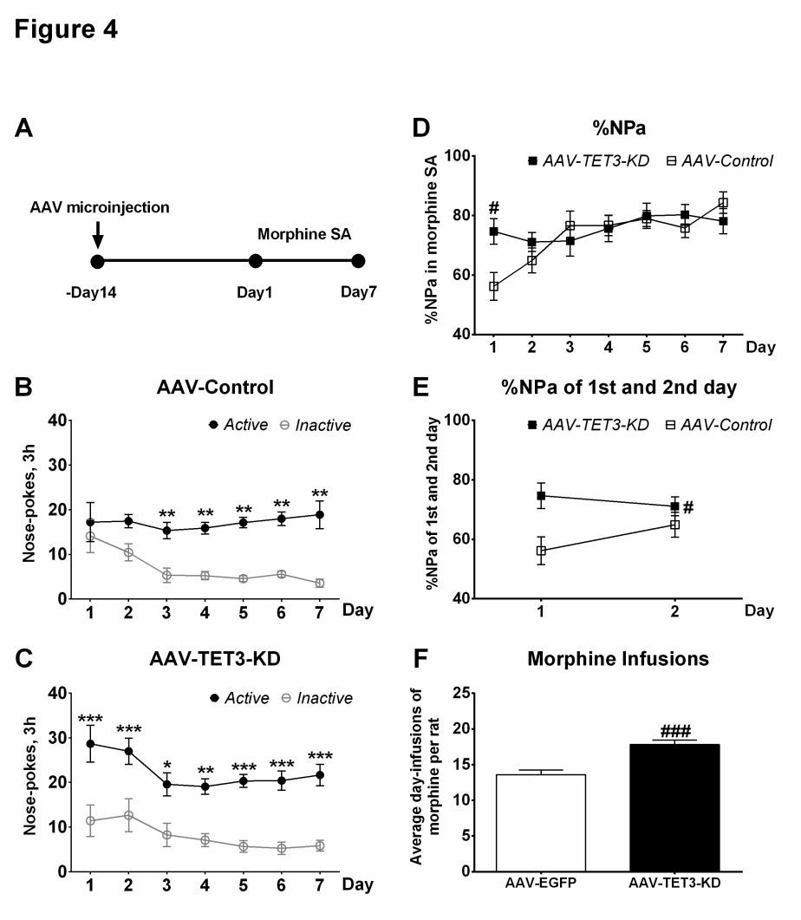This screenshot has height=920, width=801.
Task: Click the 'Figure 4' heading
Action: point(66,29)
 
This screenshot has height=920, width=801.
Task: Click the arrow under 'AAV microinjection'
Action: point(97,233)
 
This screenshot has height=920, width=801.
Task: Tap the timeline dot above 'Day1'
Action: point(255,261)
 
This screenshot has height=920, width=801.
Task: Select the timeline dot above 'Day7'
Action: point(358,261)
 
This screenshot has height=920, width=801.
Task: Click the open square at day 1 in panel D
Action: point(492,286)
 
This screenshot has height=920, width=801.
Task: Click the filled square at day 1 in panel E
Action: point(541,495)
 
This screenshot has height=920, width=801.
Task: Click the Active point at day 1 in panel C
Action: point(90,743)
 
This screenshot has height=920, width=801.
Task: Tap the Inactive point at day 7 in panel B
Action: point(319,583)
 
